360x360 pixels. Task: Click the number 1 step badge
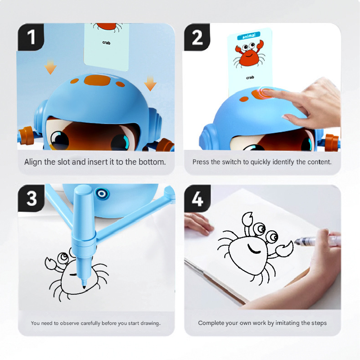point(31,37)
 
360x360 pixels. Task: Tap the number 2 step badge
point(198,37)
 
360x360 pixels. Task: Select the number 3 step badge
point(31,198)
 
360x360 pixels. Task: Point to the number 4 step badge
point(198,198)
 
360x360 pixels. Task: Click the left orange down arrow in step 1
point(50,67)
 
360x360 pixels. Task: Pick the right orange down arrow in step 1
point(150,83)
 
